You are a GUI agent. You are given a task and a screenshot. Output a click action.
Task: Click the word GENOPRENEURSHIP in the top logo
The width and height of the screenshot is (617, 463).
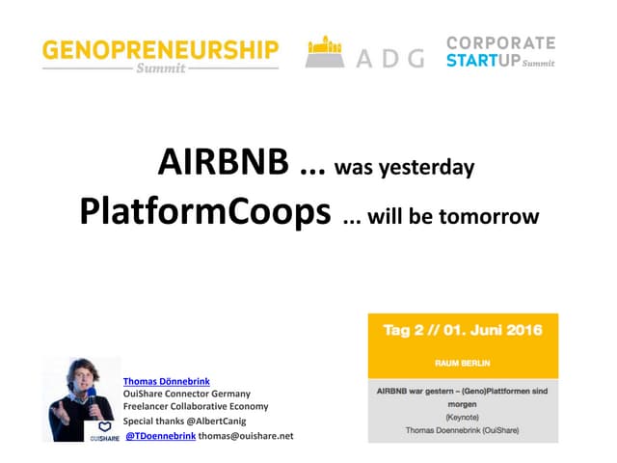(160, 49)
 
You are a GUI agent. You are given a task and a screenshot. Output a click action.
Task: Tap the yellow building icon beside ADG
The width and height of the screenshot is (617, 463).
(326, 53)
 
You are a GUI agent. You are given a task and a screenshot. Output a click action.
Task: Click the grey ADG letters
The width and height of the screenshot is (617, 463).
(389, 59)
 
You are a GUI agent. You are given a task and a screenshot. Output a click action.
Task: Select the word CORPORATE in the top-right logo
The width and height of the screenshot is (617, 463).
(500, 43)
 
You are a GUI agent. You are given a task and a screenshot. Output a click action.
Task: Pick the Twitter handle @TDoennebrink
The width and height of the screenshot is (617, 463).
(161, 436)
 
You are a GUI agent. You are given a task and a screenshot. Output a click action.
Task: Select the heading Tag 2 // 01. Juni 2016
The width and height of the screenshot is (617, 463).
(463, 330)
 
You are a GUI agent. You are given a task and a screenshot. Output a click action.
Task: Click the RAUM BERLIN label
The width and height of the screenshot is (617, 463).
(463, 366)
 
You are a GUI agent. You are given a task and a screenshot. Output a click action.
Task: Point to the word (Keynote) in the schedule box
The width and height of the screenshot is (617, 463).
(463, 419)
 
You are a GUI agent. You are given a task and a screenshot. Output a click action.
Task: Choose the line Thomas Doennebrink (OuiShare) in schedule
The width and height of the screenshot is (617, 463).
(463, 431)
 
